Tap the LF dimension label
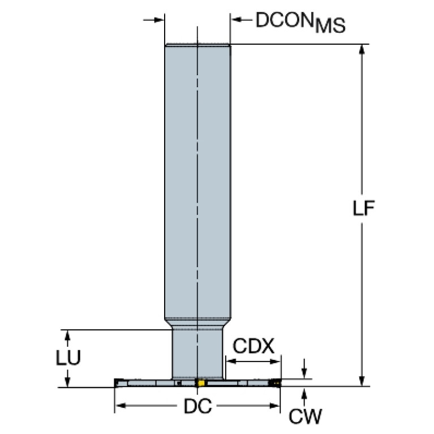click(363, 208)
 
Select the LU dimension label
click(68, 358)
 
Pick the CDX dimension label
click(253, 346)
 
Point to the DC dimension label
click(197, 406)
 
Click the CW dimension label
click(306, 416)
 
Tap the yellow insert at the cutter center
click(201, 383)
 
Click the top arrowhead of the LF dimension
click(362, 49)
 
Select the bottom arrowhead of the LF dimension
click(362, 381)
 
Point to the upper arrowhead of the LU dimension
click(67, 336)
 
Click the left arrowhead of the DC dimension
click(121, 406)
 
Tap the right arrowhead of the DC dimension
click(274, 406)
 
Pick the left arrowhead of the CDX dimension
click(231, 362)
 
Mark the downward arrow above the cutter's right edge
click(304, 368)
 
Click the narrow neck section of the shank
click(197, 354)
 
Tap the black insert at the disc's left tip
click(118, 383)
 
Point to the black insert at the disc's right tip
click(275, 383)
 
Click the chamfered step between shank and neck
click(197, 323)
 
